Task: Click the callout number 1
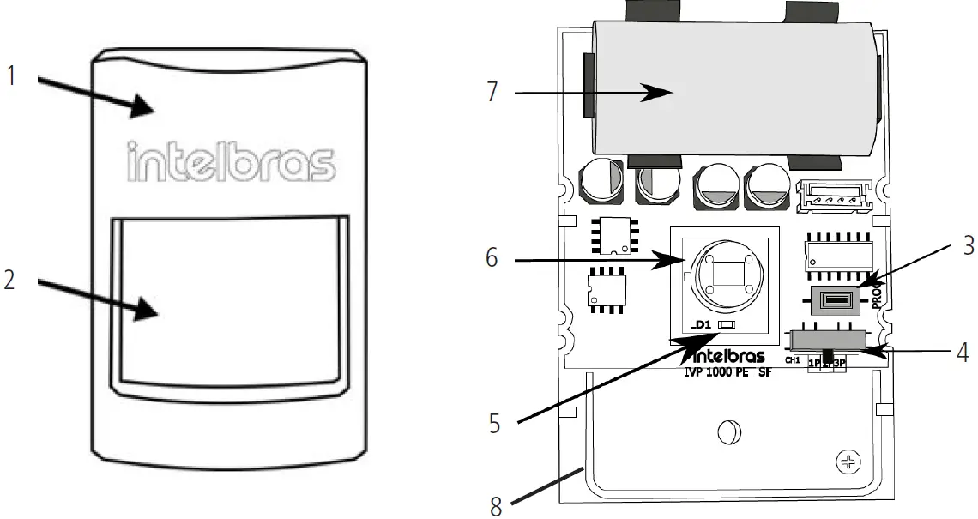[11, 76]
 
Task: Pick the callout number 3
[968, 245]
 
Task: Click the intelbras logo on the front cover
[231, 161]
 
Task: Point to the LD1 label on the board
[701, 326]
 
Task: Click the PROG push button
[836, 300]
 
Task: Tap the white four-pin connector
[835, 196]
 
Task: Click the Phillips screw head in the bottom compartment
[849, 464]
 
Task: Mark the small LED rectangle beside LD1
[726, 326]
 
